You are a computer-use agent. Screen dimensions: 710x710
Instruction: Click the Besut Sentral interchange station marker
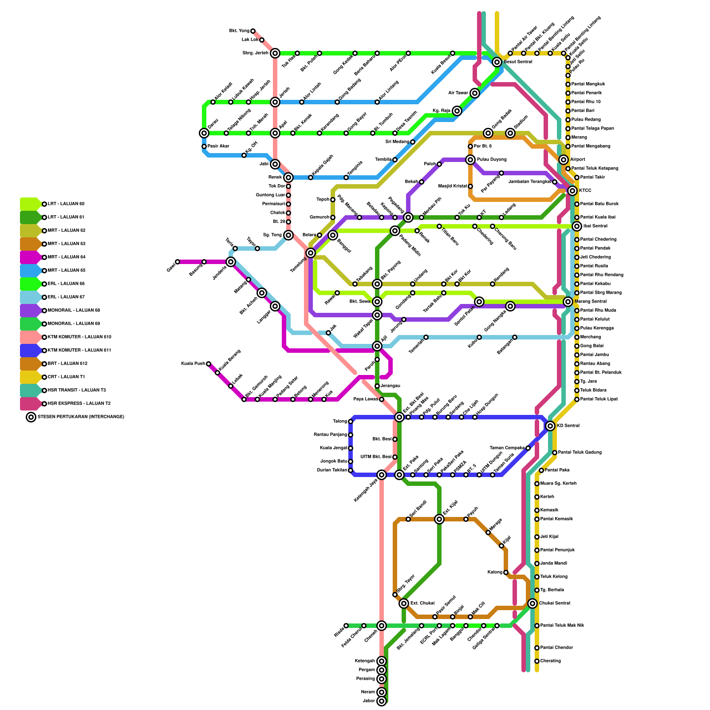tap(497, 62)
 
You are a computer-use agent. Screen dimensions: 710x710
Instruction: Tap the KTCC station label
tap(585, 191)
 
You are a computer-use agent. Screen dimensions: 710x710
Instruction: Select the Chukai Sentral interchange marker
tap(532, 603)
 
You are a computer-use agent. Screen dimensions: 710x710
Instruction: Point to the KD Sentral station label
tap(568, 426)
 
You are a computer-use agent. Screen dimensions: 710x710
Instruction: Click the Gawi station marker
tap(177, 262)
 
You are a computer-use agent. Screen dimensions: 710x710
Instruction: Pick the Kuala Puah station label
tap(193, 364)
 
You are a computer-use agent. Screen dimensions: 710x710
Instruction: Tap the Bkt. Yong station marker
tap(253, 31)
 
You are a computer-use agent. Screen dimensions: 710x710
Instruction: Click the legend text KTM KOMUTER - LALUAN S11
tap(79, 351)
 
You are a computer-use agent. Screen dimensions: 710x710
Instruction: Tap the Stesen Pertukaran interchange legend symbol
tap(31, 417)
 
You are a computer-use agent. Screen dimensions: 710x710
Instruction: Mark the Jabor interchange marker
tap(382, 701)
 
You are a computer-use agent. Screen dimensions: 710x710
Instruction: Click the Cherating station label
tap(551, 661)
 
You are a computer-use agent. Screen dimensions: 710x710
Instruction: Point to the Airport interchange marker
tap(564, 160)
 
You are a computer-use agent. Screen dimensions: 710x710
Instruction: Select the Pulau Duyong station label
tap(492, 160)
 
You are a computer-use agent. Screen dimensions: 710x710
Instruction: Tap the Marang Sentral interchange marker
tap(568, 302)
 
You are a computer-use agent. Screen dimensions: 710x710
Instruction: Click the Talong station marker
tap(351, 422)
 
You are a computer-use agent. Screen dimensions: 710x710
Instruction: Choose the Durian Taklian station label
tap(332, 470)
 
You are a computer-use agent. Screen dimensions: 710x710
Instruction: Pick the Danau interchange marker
tap(204, 133)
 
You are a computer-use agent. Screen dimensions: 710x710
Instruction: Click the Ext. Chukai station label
tap(422, 603)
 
